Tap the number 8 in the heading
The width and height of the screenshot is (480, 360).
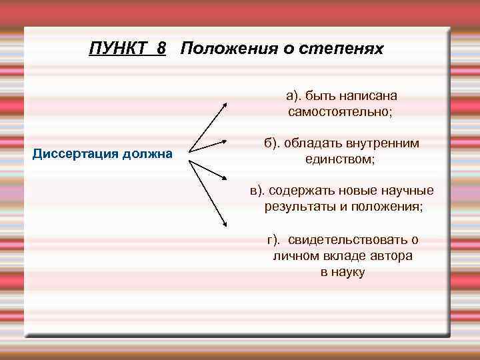tap(162, 49)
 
